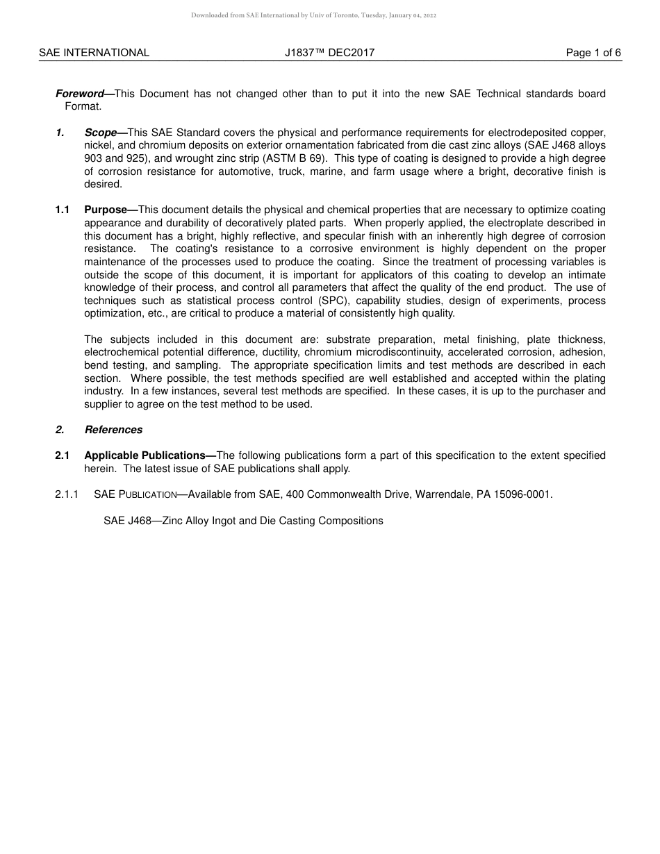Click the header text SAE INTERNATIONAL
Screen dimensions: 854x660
[x=94, y=53]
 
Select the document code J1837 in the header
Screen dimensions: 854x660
[x=300, y=53]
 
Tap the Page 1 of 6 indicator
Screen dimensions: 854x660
[x=593, y=53]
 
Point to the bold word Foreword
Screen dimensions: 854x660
[x=79, y=94]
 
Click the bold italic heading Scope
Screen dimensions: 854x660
[x=101, y=133]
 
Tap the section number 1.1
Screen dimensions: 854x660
[x=63, y=210]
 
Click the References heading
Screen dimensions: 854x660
[x=113, y=430]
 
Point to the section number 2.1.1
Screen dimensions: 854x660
[x=66, y=494]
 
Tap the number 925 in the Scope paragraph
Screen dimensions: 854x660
[x=132, y=158]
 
